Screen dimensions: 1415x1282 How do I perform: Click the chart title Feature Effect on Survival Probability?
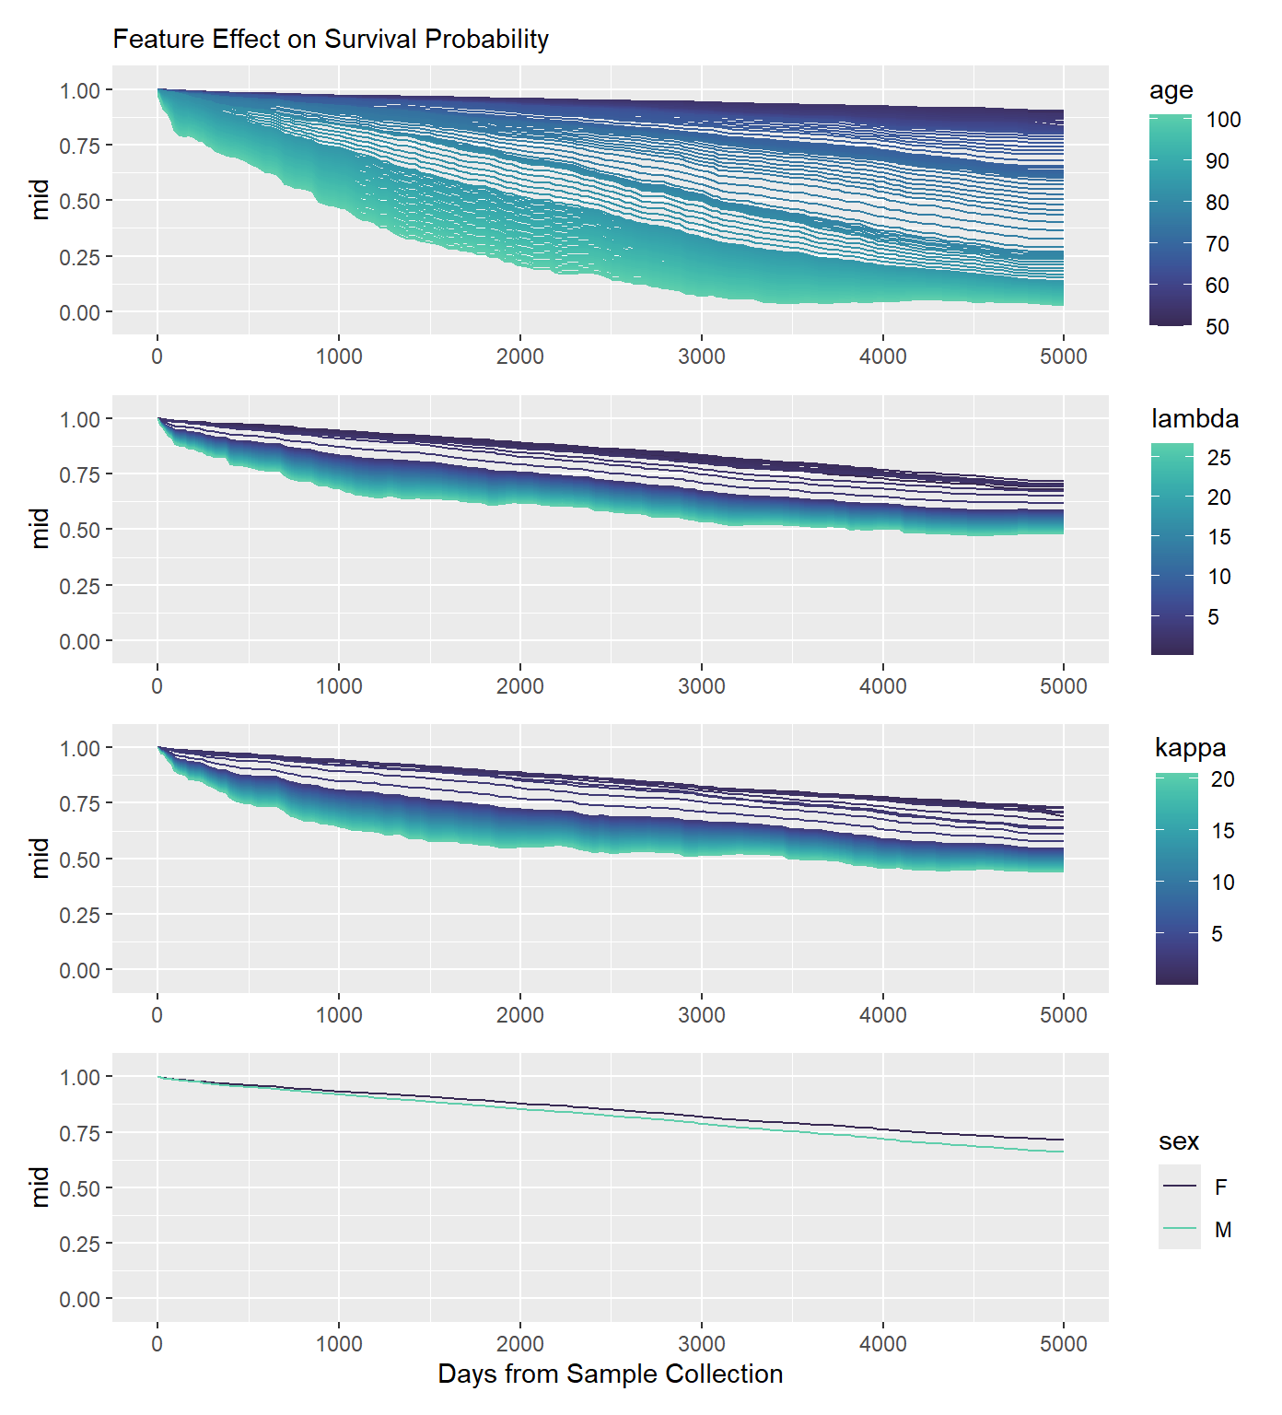[331, 40]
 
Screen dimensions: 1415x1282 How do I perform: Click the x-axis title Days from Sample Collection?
[610, 1374]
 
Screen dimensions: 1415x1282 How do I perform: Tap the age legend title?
[1171, 90]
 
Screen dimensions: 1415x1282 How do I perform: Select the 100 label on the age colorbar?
[1223, 120]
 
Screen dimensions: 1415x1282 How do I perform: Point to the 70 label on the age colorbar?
[1218, 244]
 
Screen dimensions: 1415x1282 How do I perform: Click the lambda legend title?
[1195, 419]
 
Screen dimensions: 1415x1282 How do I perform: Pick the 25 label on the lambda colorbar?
[1218, 458]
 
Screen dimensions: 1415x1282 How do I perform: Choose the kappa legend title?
[1190, 748]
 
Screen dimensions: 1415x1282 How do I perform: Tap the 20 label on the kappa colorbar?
[1222, 779]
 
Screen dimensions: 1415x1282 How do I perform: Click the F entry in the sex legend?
[1221, 1187]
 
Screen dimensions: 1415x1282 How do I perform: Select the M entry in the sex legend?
[1222, 1230]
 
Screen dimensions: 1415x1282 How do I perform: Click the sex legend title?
[1178, 1141]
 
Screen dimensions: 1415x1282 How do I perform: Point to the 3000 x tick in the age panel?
[702, 357]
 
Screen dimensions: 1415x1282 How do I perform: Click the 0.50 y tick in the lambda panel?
[79, 530]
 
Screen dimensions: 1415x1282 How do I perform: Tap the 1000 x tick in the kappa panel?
[339, 1015]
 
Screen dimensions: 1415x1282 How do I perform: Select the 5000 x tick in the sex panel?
[1064, 1344]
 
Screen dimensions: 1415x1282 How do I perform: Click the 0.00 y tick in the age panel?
[79, 312]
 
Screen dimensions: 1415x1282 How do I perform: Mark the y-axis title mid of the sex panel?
[40, 1187]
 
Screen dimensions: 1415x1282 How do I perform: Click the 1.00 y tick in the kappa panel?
[79, 748]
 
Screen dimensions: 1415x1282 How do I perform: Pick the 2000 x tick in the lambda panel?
[520, 686]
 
